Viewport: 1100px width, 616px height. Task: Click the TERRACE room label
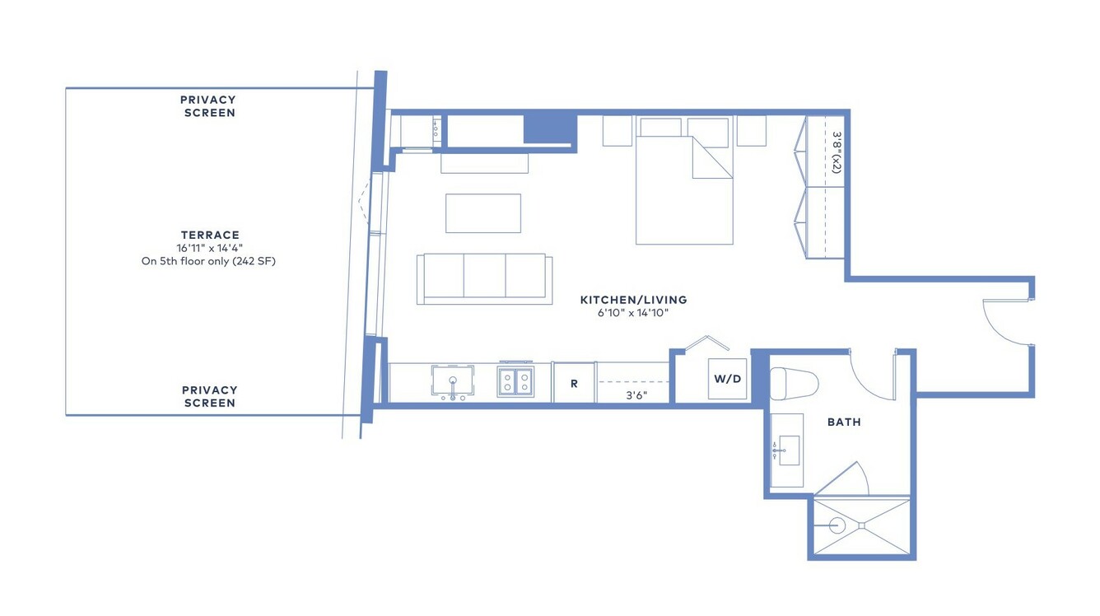coord(210,235)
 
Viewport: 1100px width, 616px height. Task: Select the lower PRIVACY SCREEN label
coord(210,396)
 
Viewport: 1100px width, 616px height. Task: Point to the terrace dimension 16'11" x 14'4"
coord(210,248)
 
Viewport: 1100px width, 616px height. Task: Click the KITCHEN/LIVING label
coord(633,300)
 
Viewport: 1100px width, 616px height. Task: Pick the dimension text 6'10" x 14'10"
coord(633,312)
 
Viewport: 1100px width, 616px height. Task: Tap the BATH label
coord(844,422)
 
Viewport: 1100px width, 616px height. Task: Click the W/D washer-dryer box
coord(727,379)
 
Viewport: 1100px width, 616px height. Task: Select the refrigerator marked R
coord(574,383)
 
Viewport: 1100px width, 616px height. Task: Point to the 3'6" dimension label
coord(636,395)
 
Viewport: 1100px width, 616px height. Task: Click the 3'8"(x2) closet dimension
coord(837,152)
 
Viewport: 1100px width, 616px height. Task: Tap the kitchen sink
coord(453,380)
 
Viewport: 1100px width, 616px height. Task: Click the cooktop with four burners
coord(515,382)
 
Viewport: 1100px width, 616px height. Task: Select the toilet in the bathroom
coord(794,384)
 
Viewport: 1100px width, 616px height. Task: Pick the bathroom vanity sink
coord(789,450)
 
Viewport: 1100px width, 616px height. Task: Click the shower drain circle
coord(837,525)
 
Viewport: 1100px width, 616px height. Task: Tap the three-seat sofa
coord(484,278)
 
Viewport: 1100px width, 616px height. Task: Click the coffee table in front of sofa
coord(483,213)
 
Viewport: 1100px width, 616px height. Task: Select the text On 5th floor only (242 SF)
coord(208,261)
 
